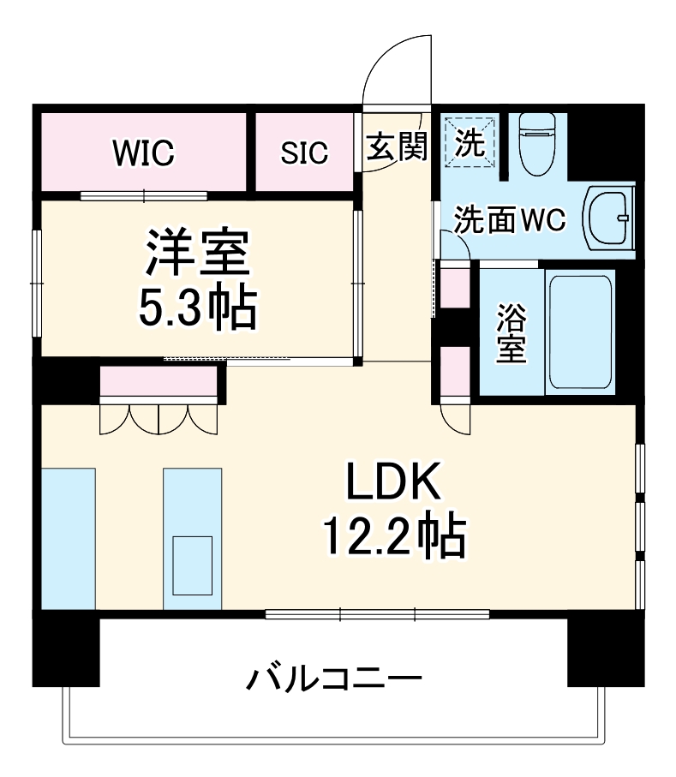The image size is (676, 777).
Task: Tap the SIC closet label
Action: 304,153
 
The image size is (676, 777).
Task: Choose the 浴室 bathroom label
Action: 511,333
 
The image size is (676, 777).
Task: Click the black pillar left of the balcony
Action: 66,652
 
